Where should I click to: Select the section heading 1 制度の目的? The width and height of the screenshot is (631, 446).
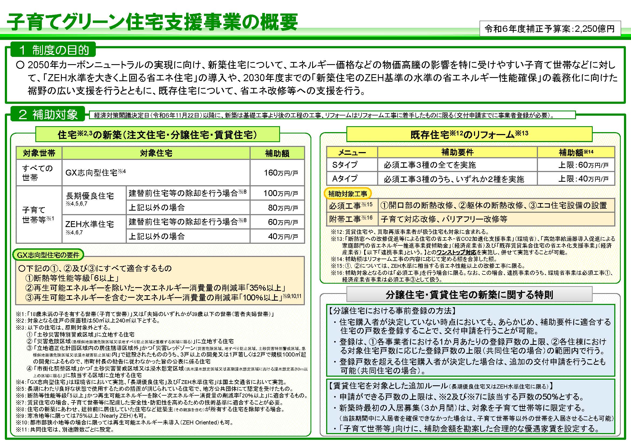[54, 50]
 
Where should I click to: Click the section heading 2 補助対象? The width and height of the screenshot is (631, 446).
[48, 115]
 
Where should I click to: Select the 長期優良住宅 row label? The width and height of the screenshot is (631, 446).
[90, 196]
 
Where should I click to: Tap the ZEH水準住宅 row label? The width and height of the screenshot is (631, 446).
[90, 224]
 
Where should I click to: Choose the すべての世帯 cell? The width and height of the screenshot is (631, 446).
[38, 173]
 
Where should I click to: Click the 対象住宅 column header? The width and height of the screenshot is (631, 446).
[156, 153]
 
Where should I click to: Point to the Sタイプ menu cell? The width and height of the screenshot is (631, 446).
[345, 164]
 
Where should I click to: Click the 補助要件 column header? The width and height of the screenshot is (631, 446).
[457, 152]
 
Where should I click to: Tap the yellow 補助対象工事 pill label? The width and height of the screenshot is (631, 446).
[348, 194]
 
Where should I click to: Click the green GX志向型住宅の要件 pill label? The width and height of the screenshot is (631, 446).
[48, 255]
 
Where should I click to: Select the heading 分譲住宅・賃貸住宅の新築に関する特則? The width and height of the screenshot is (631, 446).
[469, 295]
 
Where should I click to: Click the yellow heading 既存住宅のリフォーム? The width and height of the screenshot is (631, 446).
[469, 135]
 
